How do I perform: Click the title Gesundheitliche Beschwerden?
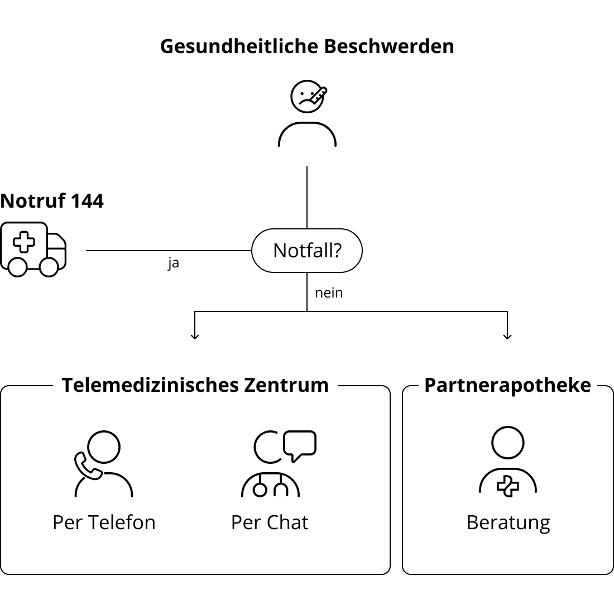click(307, 46)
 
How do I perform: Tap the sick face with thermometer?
click(308, 97)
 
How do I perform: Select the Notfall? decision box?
click(307, 251)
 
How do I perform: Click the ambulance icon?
click(33, 250)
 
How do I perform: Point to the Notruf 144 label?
click(52, 201)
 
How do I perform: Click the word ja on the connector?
click(174, 263)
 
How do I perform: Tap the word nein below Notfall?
click(329, 293)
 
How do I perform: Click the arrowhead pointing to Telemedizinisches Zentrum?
click(195, 336)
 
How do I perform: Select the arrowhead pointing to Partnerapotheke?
click(507, 336)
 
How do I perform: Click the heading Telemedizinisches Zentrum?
click(195, 385)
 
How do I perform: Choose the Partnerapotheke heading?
click(507, 385)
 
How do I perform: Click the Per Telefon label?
click(104, 522)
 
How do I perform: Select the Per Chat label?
click(270, 522)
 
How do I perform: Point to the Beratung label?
click(509, 523)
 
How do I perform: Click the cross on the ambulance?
click(24, 242)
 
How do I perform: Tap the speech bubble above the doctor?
click(300, 445)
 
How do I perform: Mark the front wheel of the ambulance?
click(49, 267)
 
